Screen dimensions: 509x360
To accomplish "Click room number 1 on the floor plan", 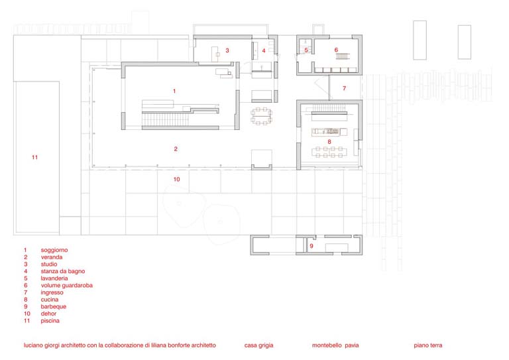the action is pyautogui.click(x=174, y=91).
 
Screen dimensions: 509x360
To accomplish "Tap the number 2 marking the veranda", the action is pyautogui.click(x=176, y=149).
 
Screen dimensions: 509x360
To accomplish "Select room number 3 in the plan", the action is pyautogui.click(x=227, y=50).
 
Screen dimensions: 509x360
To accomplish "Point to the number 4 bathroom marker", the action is pyautogui.click(x=264, y=50).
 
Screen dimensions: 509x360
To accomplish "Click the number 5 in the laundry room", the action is pyautogui.click(x=306, y=50).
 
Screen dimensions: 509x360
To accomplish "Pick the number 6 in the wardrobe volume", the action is pyautogui.click(x=336, y=50).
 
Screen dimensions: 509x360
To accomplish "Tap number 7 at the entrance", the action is pyautogui.click(x=345, y=88).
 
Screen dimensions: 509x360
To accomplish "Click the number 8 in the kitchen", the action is pyautogui.click(x=329, y=142).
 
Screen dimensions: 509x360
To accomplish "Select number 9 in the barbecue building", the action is pyautogui.click(x=311, y=246).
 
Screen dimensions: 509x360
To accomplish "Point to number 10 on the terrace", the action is pyautogui.click(x=176, y=179).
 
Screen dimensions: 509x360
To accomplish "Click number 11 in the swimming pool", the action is pyautogui.click(x=34, y=157).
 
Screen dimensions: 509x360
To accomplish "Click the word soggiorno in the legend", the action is pyautogui.click(x=54, y=251).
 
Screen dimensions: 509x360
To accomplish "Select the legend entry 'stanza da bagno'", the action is pyautogui.click(x=63, y=271).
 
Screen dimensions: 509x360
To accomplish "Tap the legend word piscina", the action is pyautogui.click(x=50, y=321).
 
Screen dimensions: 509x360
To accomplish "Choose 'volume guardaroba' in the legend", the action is pyautogui.click(x=66, y=286).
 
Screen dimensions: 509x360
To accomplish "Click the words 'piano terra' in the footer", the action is pyautogui.click(x=428, y=345).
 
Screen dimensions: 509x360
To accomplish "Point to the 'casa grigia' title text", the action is pyautogui.click(x=258, y=345).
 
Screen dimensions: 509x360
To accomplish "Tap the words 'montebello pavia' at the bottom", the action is pyautogui.click(x=335, y=345).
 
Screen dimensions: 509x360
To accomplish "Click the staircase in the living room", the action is pyautogui.click(x=166, y=119).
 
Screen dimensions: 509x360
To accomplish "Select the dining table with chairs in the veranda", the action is pyautogui.click(x=261, y=116).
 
